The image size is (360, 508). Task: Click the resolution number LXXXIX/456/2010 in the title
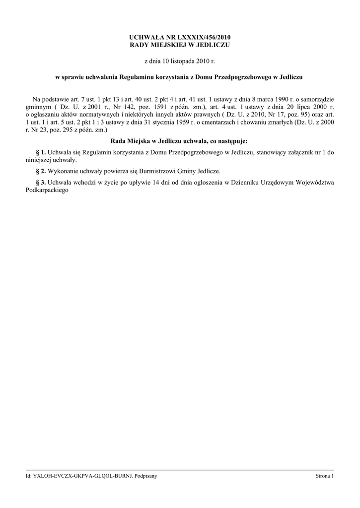click(x=204, y=37)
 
